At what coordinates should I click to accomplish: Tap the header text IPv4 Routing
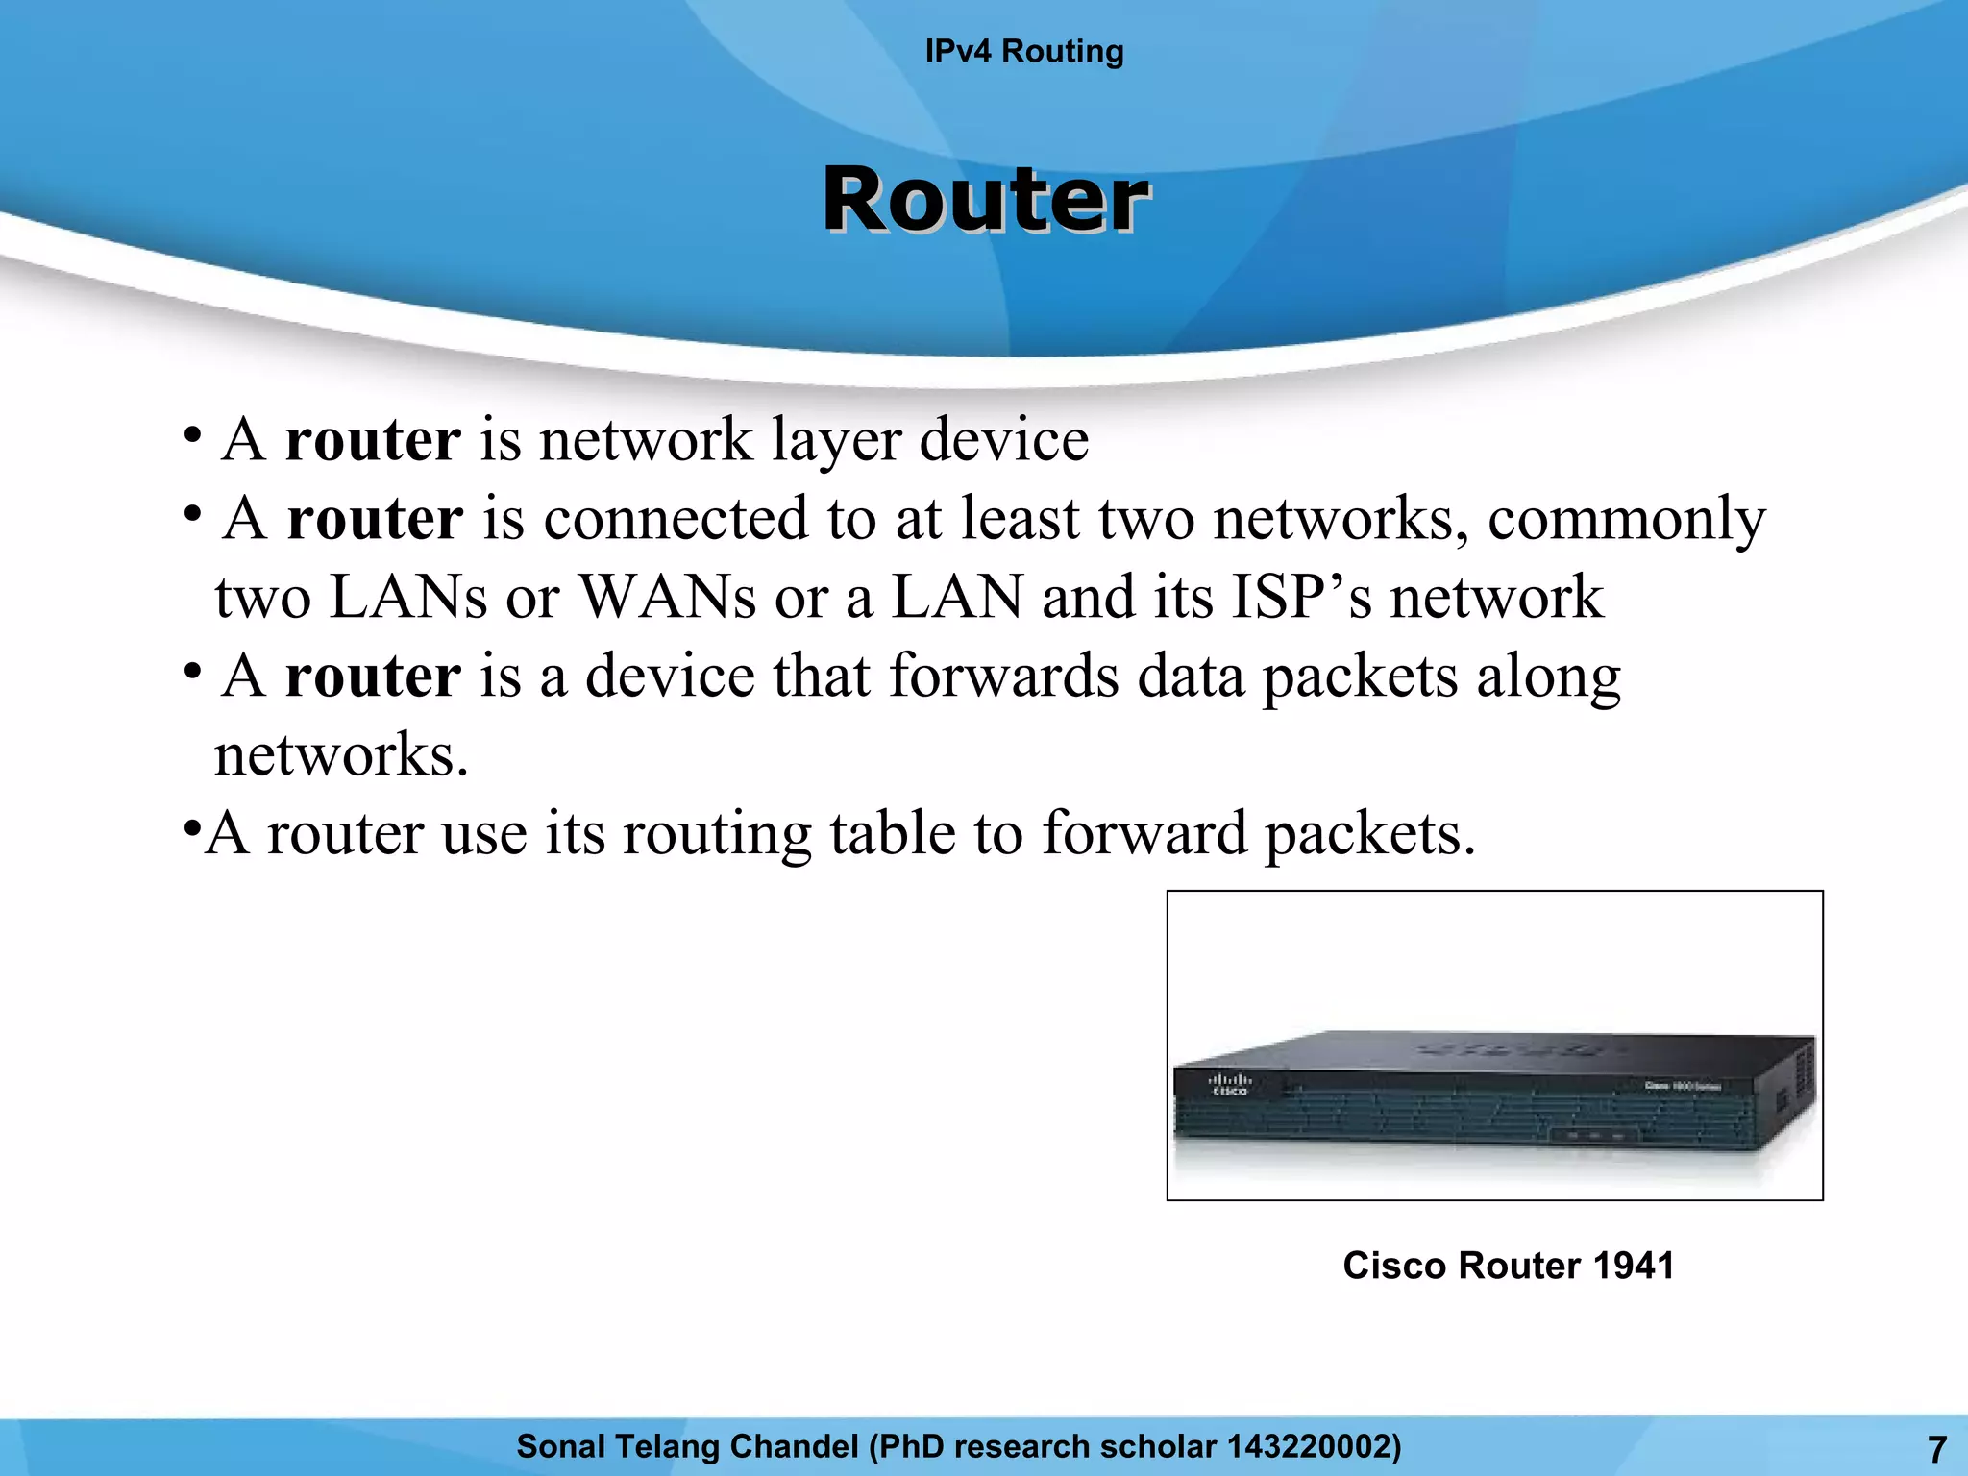(x=1024, y=51)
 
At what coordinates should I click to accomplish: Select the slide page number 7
(x=1937, y=1448)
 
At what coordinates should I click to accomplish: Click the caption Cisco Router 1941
(x=1508, y=1266)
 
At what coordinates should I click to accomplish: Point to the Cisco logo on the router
(x=1230, y=1085)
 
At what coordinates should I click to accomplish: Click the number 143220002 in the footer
(x=1307, y=1446)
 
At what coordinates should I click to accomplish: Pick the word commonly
(x=1626, y=519)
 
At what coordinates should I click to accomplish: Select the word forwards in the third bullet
(x=1003, y=676)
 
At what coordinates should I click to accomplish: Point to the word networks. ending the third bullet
(x=341, y=754)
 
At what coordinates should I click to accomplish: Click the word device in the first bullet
(x=1004, y=440)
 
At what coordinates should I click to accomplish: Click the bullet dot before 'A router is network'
(x=193, y=434)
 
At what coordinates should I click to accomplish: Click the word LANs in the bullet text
(x=408, y=597)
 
